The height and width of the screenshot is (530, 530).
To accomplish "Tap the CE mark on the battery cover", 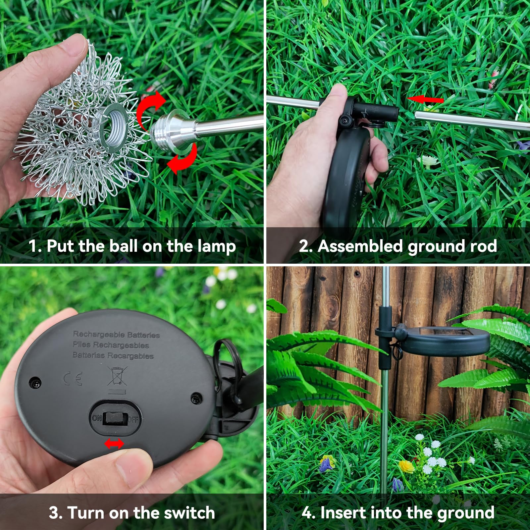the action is pyautogui.click(x=73, y=379).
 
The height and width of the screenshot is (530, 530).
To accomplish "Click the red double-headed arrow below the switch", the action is pyautogui.click(x=114, y=444).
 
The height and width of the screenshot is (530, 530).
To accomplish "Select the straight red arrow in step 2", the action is pyautogui.click(x=425, y=99).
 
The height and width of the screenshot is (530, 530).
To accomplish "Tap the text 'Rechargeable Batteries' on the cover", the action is pyautogui.click(x=116, y=335).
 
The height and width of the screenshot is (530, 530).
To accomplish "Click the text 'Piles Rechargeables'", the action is pyautogui.click(x=111, y=345).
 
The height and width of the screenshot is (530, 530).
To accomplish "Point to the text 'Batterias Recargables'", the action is pyautogui.click(x=113, y=355).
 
